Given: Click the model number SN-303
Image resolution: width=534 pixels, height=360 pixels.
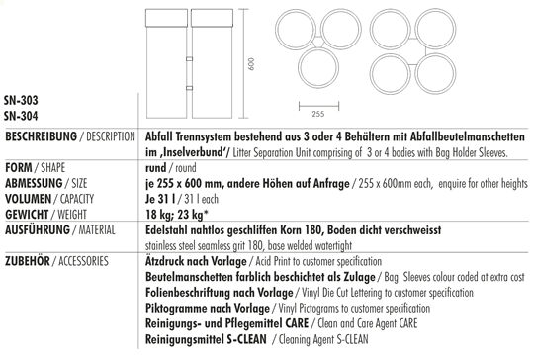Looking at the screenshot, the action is pos(22,102).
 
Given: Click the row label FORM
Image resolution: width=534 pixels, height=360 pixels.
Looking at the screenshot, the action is pos(19,169).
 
